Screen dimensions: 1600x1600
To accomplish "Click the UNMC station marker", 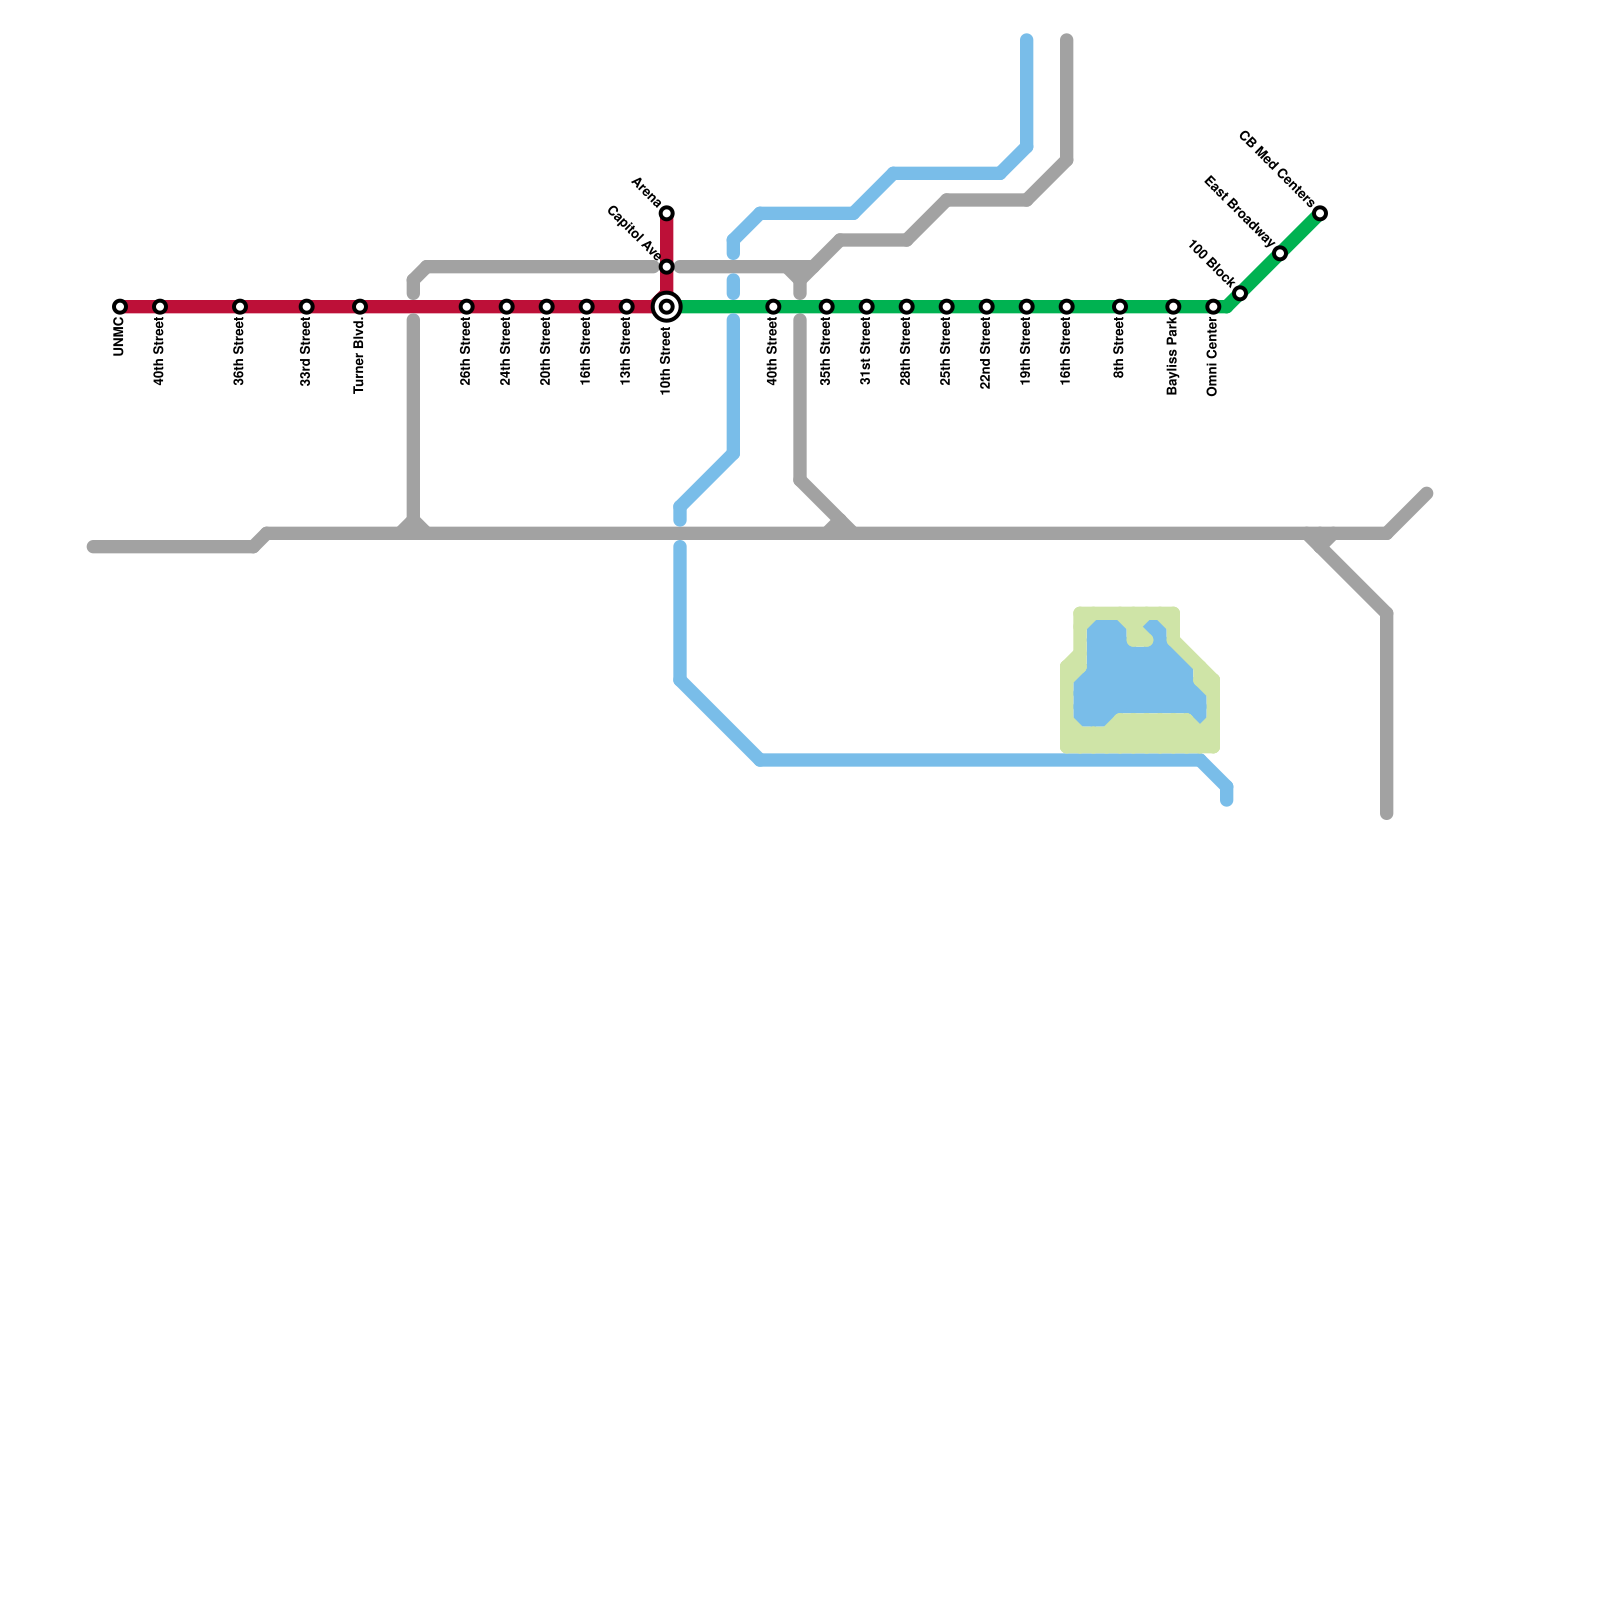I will [120, 307].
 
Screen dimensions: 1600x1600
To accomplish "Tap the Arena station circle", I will [667, 213].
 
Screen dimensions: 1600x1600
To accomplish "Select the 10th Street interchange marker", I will [667, 307].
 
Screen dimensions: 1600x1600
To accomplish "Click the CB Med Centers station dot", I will [1320, 213].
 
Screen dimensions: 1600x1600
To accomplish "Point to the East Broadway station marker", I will [1280, 253].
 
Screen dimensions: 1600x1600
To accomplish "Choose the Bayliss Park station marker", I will [1173, 307].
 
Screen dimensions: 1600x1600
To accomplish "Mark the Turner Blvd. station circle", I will [360, 307].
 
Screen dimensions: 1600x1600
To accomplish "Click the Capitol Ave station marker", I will [667, 267].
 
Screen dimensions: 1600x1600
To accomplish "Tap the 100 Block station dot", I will [1240, 293].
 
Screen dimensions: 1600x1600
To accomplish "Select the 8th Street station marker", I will [1120, 307].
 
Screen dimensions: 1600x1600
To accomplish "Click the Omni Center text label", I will [1213, 360].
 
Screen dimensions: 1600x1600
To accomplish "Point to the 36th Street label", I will [240, 355].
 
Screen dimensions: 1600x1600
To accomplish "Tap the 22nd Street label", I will [987, 357].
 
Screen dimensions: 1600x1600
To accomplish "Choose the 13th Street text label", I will [627, 355].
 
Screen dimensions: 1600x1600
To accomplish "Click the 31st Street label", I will [867, 355].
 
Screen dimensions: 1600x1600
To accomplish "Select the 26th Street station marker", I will [467, 307].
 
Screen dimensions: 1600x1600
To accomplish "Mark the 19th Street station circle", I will [1027, 307].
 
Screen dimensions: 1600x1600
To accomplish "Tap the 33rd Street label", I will [307, 355].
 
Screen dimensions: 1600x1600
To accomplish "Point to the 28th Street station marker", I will [907, 307].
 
